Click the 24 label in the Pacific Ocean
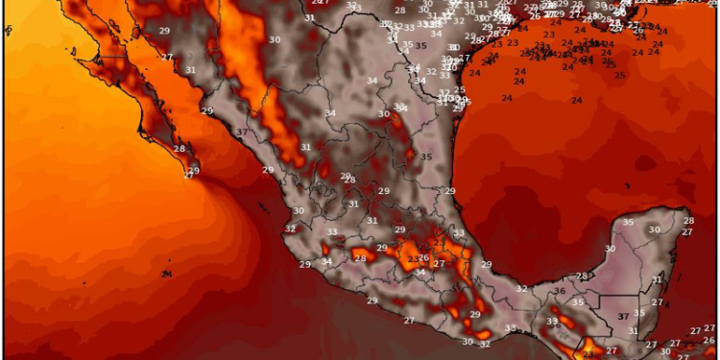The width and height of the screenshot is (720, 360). [167, 274]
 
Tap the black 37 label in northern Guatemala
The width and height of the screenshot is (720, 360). [624, 316]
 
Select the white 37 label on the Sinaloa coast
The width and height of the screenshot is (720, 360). [242, 132]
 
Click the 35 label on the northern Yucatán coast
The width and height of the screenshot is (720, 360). [629, 222]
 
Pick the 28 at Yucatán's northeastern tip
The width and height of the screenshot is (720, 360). [688, 221]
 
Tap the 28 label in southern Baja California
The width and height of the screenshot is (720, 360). [180, 149]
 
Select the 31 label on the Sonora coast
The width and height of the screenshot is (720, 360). [190, 69]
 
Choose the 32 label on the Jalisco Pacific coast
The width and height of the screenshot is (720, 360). [291, 228]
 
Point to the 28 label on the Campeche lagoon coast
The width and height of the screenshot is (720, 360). [582, 276]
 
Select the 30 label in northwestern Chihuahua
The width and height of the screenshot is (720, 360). [276, 39]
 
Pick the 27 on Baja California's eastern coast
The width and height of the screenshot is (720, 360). [168, 58]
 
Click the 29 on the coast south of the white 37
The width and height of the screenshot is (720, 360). [268, 170]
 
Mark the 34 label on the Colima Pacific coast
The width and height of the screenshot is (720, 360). [326, 261]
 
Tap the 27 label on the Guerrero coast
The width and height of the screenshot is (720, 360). [409, 320]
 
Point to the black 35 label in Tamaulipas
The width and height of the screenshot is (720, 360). [426, 156]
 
